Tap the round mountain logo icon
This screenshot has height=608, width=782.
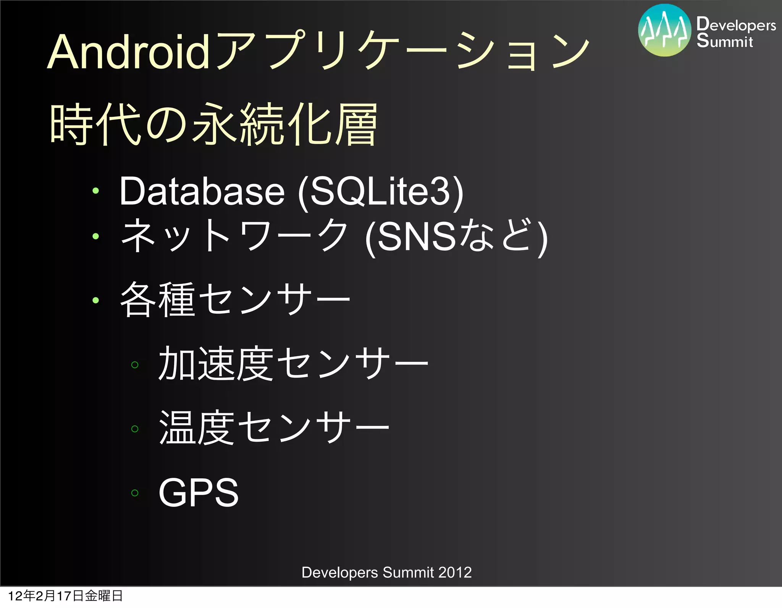[x=664, y=31]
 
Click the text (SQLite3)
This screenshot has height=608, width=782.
[x=381, y=192]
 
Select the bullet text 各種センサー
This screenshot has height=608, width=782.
[x=235, y=300]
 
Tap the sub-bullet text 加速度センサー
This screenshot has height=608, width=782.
[x=293, y=364]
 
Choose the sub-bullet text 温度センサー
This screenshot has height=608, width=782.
[x=274, y=428]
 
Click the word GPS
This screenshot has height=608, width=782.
[x=199, y=492]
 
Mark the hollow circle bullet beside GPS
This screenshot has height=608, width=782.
[x=134, y=493]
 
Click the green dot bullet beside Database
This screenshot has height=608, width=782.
[x=95, y=191]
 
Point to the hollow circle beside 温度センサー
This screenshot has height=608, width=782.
[x=134, y=429]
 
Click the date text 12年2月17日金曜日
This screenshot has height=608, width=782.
[x=65, y=596]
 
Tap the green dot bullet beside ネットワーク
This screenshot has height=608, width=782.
[x=95, y=236]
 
